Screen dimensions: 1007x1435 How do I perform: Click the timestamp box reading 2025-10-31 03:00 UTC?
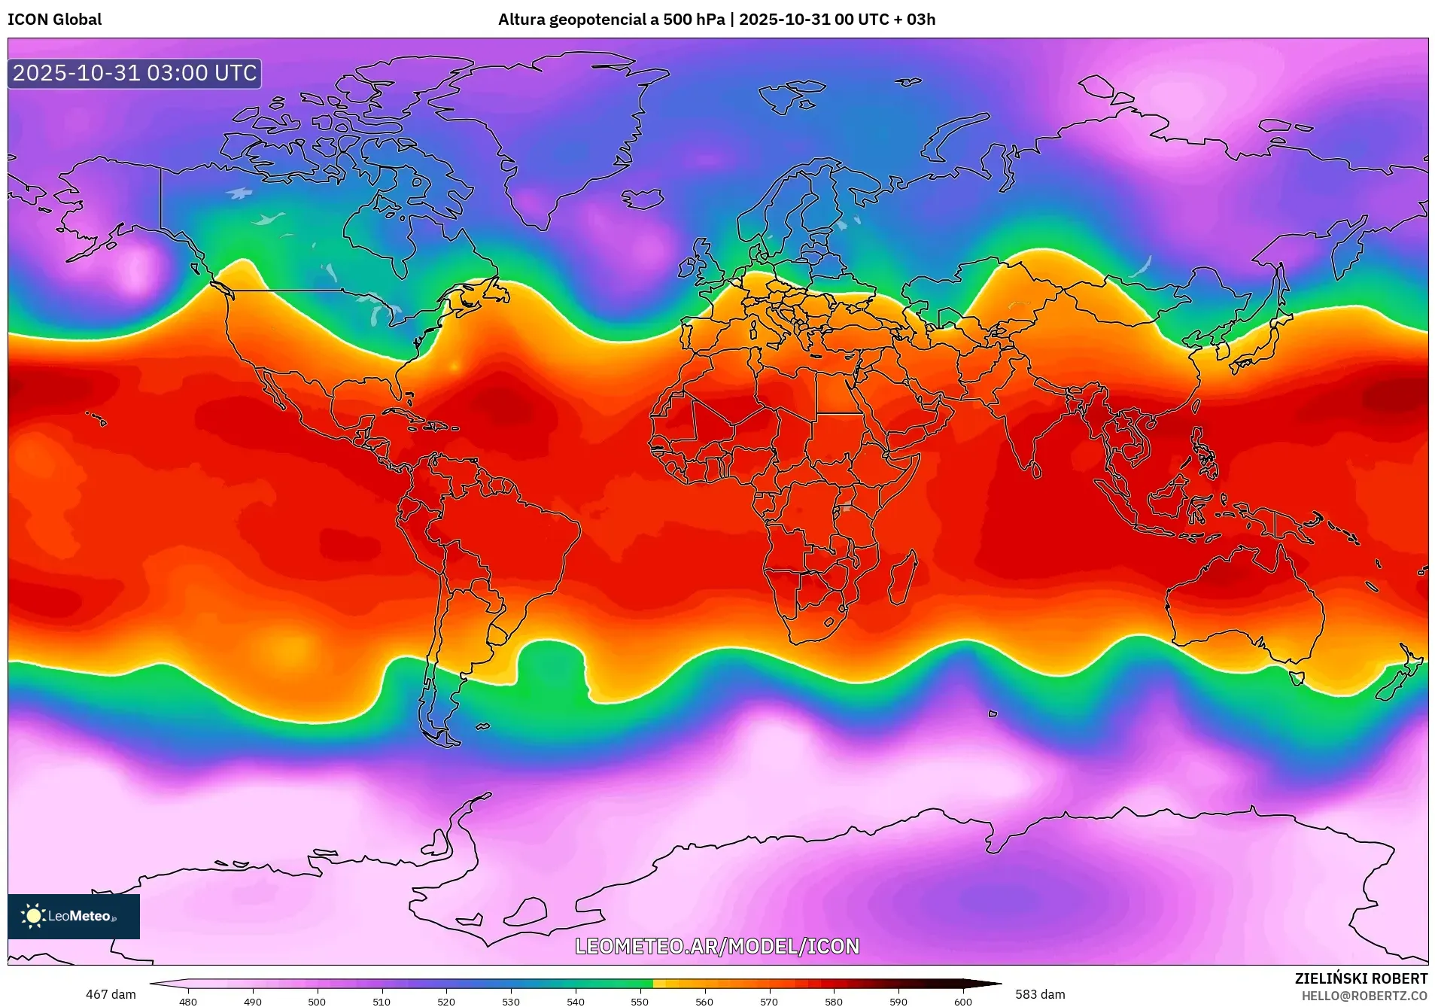[135, 73]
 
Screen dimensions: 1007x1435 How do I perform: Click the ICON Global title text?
[55, 20]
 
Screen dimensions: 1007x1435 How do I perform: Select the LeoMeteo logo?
[74, 916]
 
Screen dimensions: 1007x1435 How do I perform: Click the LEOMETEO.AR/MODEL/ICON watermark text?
[717, 946]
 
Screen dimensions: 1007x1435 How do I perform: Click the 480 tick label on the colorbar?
[188, 1002]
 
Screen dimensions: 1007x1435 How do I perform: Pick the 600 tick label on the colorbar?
[962, 1002]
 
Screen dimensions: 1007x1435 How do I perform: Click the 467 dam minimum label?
[111, 994]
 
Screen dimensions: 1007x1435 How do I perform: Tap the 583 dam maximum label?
[1040, 994]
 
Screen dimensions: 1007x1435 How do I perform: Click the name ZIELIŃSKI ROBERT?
[1361, 978]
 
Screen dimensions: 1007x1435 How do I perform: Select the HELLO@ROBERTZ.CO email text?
[1364, 996]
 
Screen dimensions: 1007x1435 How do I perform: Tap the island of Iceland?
[643, 199]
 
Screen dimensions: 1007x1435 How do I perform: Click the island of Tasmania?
[1297, 678]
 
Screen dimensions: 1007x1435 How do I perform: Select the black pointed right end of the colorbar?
[992, 983]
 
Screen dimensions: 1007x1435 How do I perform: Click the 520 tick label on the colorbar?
[446, 1002]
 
